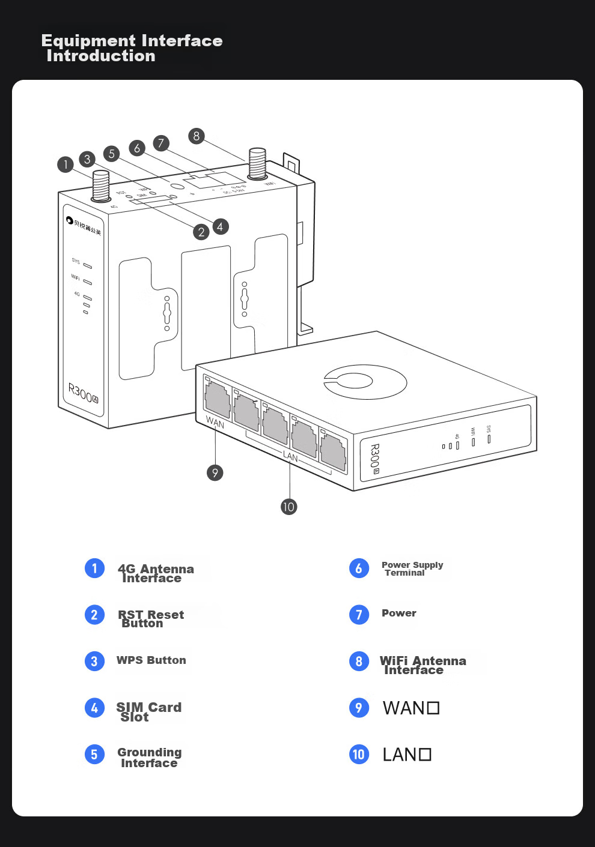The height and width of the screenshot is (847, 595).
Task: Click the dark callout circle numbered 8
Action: pos(196,136)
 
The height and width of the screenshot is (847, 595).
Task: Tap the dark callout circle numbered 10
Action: pos(288,507)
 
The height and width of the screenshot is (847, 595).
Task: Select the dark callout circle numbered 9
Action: pos(215,473)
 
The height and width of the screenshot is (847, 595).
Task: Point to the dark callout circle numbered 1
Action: pos(66,164)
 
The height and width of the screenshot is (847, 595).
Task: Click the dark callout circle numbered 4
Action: pos(220,226)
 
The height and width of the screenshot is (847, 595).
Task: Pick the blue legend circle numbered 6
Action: pos(359,568)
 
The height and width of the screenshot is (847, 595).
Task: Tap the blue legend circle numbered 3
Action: pos(94,661)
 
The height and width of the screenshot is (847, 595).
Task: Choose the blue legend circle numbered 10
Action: pos(359,754)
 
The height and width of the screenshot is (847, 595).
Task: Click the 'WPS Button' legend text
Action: pos(151,660)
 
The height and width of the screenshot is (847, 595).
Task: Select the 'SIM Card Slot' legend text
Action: pos(148,712)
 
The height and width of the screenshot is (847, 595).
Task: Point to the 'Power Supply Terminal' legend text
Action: pos(412,568)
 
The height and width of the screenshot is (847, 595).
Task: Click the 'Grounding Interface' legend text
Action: pos(149,758)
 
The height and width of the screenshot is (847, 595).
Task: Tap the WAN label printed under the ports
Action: pos(215,423)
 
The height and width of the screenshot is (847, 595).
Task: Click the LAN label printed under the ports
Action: pos(290,457)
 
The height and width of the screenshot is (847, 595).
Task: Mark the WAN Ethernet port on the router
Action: pos(218,399)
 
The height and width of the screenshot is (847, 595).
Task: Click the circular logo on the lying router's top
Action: pos(365,381)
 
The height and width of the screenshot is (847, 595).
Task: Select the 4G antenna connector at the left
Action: pos(100,187)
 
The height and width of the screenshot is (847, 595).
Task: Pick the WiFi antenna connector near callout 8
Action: pos(257,163)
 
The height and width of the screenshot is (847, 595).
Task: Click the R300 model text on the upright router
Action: pos(82,394)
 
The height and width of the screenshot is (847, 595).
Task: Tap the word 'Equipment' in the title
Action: pos(88,41)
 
